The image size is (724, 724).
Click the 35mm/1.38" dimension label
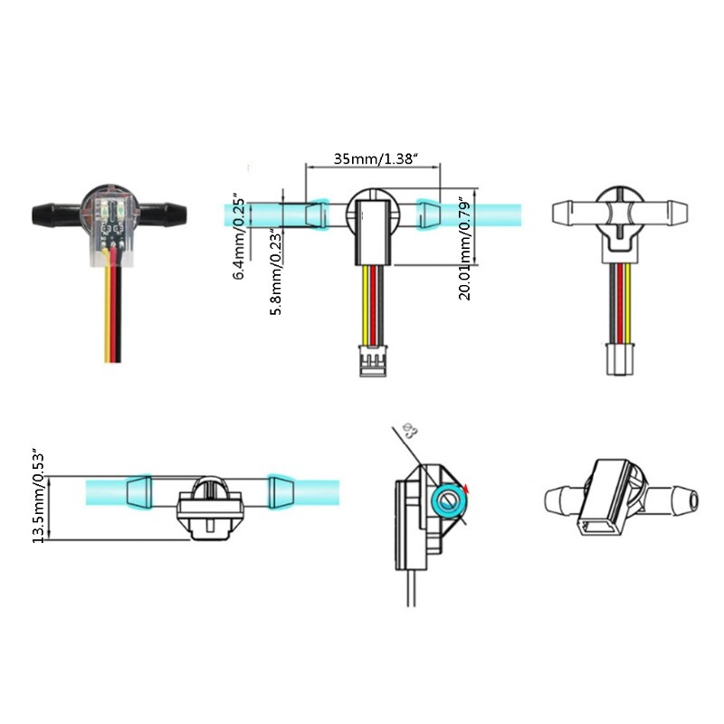[x=374, y=158]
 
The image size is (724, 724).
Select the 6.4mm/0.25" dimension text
[x=239, y=235]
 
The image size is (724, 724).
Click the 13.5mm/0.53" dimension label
[x=38, y=494]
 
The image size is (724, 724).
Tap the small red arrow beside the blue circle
[x=466, y=490]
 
